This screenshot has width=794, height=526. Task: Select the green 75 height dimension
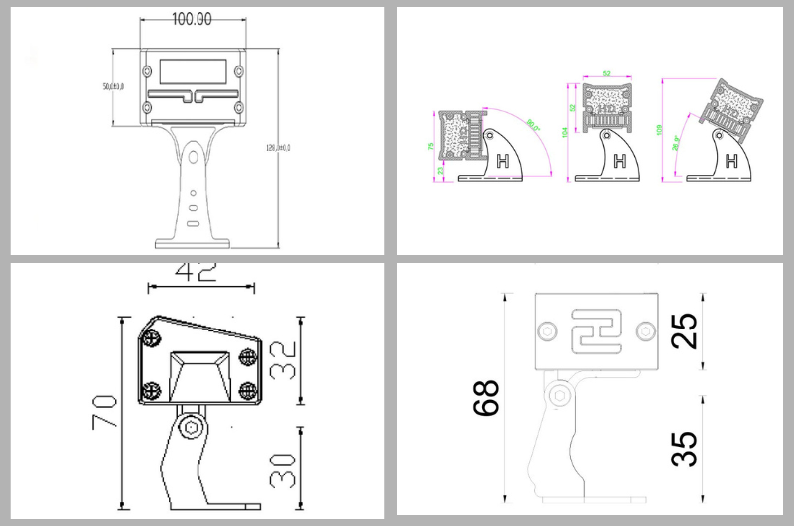coord(431,146)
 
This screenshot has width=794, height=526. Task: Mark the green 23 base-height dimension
coord(440,171)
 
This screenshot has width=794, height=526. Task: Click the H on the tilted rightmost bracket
coord(732,161)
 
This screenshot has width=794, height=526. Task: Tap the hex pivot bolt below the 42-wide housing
coord(193,429)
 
